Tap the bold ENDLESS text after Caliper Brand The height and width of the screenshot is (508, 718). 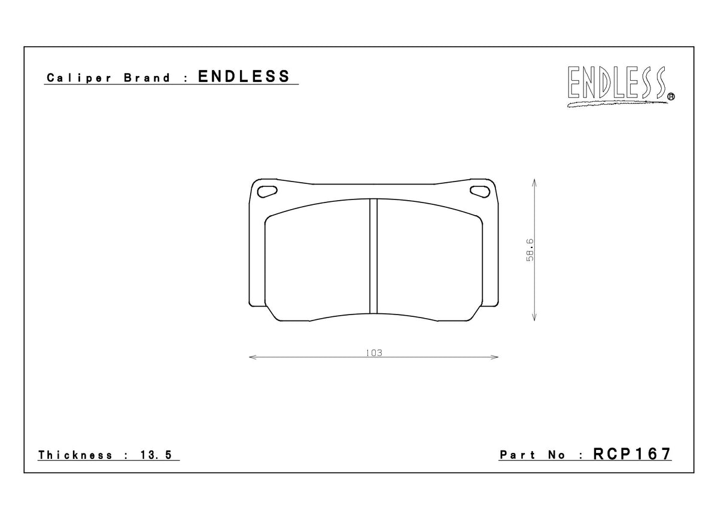(x=244, y=77)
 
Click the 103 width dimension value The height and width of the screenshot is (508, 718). (x=373, y=352)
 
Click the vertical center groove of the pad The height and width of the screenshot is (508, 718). (x=373, y=256)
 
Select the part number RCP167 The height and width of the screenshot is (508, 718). (x=632, y=454)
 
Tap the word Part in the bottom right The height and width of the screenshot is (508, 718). (x=518, y=455)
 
